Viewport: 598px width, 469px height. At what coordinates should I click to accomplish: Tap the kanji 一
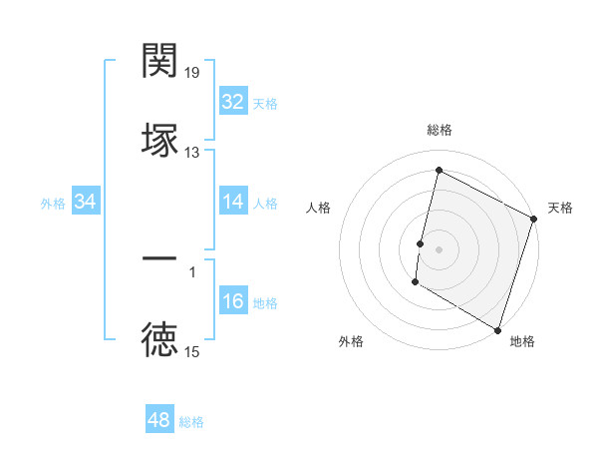pyautogui.click(x=159, y=259)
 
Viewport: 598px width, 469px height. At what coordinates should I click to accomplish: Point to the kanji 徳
pyautogui.click(x=159, y=339)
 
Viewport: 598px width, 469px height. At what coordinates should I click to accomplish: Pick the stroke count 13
pyautogui.click(x=192, y=153)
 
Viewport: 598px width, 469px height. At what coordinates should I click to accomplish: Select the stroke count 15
pyautogui.click(x=192, y=351)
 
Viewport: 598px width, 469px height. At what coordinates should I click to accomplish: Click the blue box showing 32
pyautogui.click(x=232, y=102)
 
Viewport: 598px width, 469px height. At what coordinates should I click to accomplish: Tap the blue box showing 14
pyautogui.click(x=232, y=203)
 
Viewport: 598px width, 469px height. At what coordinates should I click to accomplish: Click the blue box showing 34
pyautogui.click(x=86, y=203)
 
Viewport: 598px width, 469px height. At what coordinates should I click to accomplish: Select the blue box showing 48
pyautogui.click(x=158, y=420)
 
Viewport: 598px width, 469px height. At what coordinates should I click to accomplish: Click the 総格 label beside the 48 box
pyautogui.click(x=191, y=422)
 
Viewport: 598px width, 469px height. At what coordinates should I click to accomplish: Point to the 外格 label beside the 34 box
pyautogui.click(x=53, y=204)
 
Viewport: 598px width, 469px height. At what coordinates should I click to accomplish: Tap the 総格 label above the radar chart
pyautogui.click(x=440, y=130)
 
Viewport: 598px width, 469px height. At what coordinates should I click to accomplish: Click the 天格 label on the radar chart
pyautogui.click(x=560, y=208)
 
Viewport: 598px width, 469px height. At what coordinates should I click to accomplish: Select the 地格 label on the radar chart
pyautogui.click(x=522, y=341)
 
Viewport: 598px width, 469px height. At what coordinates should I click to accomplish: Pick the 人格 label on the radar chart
pyautogui.click(x=318, y=208)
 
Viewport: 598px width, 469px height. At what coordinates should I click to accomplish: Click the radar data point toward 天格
pyautogui.click(x=533, y=220)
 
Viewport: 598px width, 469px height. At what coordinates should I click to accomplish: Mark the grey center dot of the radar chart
pyautogui.click(x=439, y=246)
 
